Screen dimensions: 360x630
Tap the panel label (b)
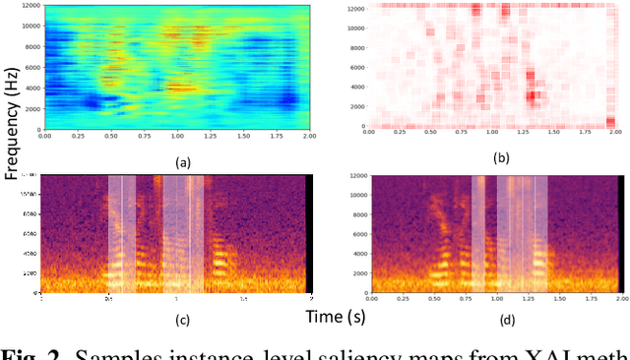(500, 156)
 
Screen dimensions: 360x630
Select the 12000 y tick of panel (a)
(31, 6)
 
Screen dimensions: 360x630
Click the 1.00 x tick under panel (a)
(177, 137)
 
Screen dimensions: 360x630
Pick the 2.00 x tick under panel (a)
(310, 137)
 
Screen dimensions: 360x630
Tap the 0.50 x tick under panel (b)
(434, 132)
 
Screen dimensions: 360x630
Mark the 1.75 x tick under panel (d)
(591, 298)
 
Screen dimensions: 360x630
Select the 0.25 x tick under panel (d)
(402, 298)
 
